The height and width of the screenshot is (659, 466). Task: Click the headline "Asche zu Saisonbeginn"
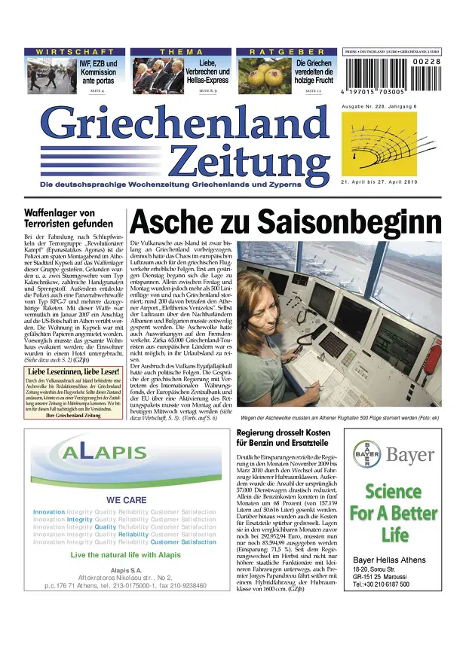[x=286, y=221]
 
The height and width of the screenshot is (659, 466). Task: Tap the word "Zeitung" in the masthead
[x=250, y=160]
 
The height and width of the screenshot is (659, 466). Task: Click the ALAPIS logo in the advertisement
[x=106, y=452]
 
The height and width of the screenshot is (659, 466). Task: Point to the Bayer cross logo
[x=367, y=455]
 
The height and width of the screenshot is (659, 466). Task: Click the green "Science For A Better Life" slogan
[x=394, y=513]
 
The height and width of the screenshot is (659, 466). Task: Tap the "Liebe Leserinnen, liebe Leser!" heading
[x=73, y=371]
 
